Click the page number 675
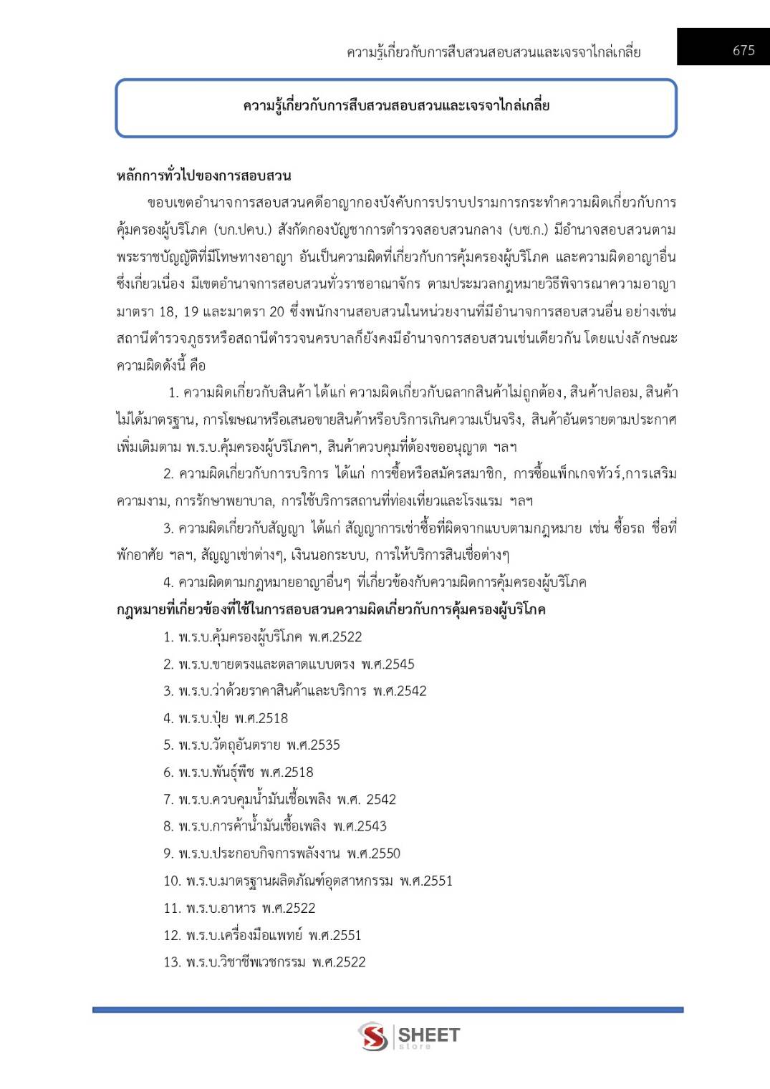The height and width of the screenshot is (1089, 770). pyautogui.click(x=743, y=50)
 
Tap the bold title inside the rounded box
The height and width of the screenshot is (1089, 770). pyautogui.click(x=396, y=106)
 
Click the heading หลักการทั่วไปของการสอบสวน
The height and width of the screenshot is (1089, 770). pyautogui.click(x=203, y=175)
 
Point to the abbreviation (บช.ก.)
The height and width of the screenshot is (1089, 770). pyautogui.click(x=528, y=230)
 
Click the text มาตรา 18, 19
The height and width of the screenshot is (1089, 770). pyautogui.click(x=157, y=311)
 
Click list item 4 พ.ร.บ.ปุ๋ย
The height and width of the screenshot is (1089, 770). pyautogui.click(x=225, y=718)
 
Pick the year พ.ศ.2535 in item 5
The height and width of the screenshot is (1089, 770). pyautogui.click(x=313, y=745)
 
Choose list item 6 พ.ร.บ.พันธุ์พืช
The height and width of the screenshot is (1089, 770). pyautogui.click(x=238, y=772)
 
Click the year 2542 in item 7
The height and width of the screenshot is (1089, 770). pyautogui.click(x=380, y=799)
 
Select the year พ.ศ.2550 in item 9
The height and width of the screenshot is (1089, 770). pyautogui.click(x=373, y=853)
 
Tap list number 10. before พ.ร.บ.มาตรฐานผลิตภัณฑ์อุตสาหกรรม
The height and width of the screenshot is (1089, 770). pyautogui.click(x=172, y=881)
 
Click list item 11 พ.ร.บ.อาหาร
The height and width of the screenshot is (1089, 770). pyautogui.click(x=239, y=908)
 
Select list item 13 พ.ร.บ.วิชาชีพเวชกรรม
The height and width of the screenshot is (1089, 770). pyautogui.click(x=264, y=962)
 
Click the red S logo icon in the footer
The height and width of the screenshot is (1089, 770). pyautogui.click(x=372, y=1036)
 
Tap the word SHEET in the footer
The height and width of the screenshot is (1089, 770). pyautogui.click(x=428, y=1035)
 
